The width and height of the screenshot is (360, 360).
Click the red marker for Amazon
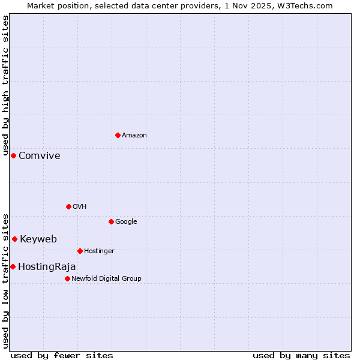click(x=118, y=135)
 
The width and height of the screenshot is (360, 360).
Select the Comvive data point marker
click(x=13, y=155)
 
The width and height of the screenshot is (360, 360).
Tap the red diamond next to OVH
click(x=68, y=206)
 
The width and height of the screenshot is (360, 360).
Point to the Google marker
click(x=111, y=221)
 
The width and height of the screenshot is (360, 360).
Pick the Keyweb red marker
click(x=14, y=239)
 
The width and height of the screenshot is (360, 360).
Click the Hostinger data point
click(x=80, y=251)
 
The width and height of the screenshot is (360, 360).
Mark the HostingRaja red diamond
click(x=13, y=266)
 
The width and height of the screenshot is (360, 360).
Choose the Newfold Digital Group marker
click(x=67, y=278)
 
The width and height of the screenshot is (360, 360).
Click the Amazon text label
click(x=134, y=136)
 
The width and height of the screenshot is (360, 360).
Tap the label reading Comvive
click(x=40, y=156)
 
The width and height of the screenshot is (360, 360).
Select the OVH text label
click(x=80, y=207)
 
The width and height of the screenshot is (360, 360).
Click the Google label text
click(x=126, y=222)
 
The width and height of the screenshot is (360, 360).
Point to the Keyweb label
click(x=38, y=239)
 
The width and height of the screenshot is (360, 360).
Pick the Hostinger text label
click(x=99, y=251)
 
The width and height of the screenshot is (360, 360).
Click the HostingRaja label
click(x=47, y=267)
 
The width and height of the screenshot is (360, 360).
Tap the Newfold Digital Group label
click(x=106, y=279)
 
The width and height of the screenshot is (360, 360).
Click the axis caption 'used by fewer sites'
click(x=62, y=355)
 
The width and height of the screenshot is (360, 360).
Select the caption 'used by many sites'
click(x=301, y=355)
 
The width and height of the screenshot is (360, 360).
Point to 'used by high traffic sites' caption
click(x=5, y=80)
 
